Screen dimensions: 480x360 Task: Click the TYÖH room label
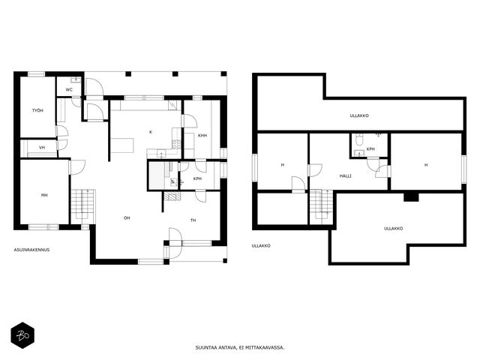point(37,110)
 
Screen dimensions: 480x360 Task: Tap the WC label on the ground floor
point(69,90)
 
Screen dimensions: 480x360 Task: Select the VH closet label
point(42,148)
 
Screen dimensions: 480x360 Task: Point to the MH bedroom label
point(44,195)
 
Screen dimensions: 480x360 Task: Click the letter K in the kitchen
point(151,132)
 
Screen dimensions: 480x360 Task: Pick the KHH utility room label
point(202,135)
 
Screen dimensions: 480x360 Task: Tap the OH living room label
point(127,218)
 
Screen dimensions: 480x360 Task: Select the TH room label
point(193,220)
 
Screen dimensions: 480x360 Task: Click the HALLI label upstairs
point(346,176)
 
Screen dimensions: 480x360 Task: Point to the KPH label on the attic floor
point(370,149)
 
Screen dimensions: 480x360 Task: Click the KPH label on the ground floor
point(197,178)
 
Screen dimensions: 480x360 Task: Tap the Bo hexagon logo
point(22,335)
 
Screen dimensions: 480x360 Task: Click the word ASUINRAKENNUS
point(31,250)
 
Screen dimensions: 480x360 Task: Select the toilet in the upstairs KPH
point(359,139)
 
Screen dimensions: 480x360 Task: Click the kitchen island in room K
point(122,145)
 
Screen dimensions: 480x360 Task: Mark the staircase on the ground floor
point(83,205)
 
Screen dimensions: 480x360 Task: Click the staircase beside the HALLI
point(322,204)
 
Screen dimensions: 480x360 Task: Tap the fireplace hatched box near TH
point(172,196)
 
